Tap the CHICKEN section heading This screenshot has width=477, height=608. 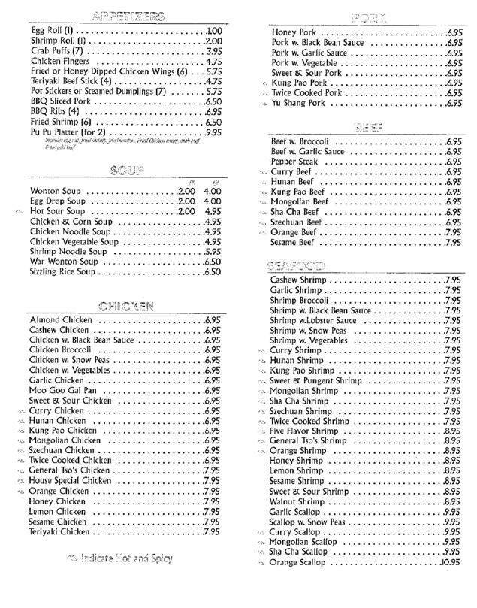click(x=125, y=305)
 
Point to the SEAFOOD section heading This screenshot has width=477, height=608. click(x=294, y=265)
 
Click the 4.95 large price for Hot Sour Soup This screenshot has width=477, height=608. click(x=212, y=212)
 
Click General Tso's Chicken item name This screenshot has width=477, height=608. click(x=70, y=470)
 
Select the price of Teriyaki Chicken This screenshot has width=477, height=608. click(x=211, y=531)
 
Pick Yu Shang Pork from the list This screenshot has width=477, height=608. click(x=299, y=103)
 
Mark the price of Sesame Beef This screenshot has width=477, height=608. click(x=452, y=243)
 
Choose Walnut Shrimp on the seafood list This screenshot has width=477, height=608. click(x=298, y=501)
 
